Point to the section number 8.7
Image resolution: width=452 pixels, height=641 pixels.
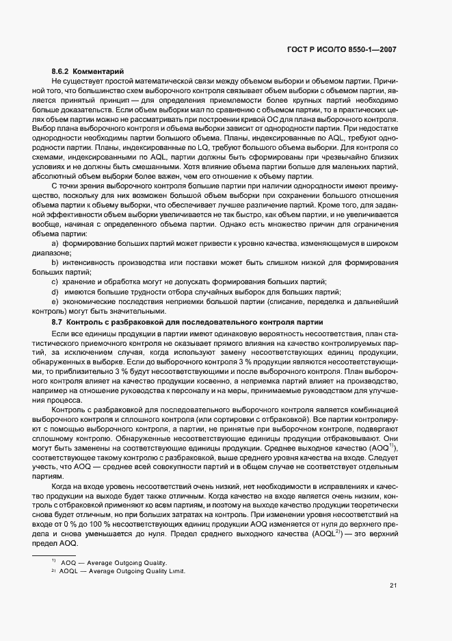57,321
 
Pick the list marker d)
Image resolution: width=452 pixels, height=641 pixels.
55,292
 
